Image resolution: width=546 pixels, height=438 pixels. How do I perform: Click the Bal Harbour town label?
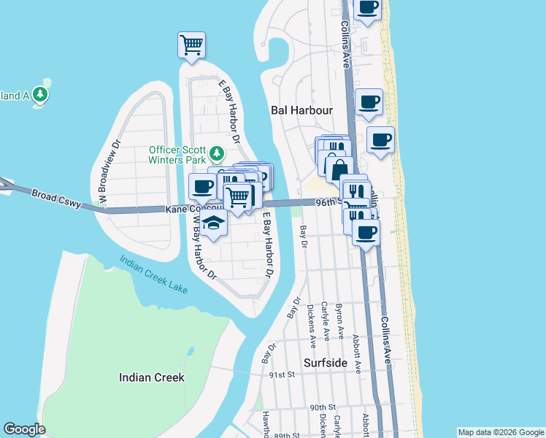tap(301, 110)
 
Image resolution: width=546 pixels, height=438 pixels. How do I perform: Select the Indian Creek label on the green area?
tap(152, 377)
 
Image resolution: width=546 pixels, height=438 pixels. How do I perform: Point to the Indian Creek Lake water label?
tap(153, 274)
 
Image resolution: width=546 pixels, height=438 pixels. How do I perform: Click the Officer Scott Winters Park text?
tap(179, 153)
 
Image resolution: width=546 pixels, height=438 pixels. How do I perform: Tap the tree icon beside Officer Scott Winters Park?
tap(216, 153)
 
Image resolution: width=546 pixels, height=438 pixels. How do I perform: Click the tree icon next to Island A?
tap(40, 95)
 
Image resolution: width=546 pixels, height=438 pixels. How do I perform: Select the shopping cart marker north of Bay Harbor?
tap(191, 45)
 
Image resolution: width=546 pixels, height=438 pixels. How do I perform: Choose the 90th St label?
tap(322, 407)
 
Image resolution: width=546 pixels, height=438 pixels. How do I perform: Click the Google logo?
tap(24, 429)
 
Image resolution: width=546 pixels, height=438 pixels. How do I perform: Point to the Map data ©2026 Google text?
tap(501, 432)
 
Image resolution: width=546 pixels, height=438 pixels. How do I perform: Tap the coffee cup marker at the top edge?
tap(368, 8)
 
